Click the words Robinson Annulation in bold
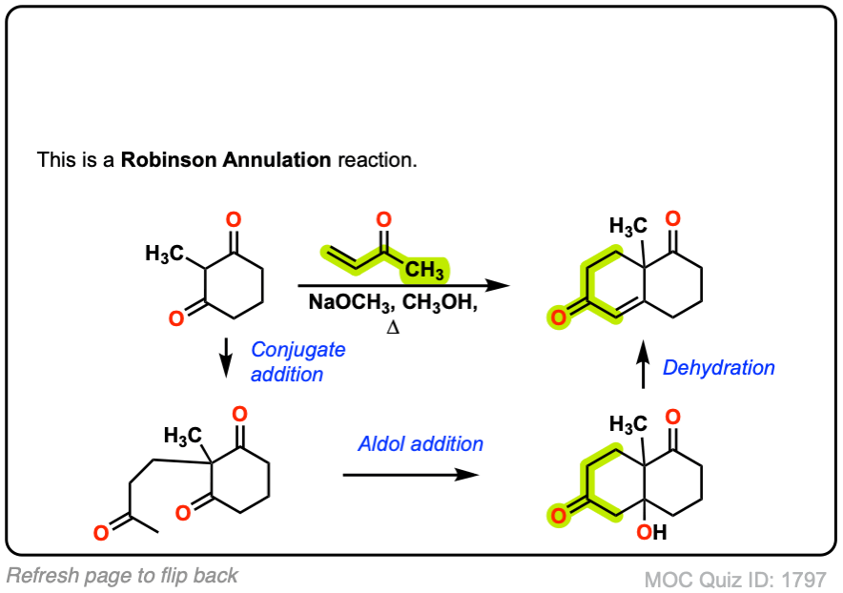(226, 159)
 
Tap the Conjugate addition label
(298, 362)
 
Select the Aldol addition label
(421, 443)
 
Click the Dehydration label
(719, 367)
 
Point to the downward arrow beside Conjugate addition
(227, 361)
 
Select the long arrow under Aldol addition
(410, 474)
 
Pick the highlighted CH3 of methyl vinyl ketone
(424, 272)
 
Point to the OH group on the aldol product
(652, 534)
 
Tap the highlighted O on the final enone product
(556, 316)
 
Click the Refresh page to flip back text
(122, 575)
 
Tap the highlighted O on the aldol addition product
(556, 516)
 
